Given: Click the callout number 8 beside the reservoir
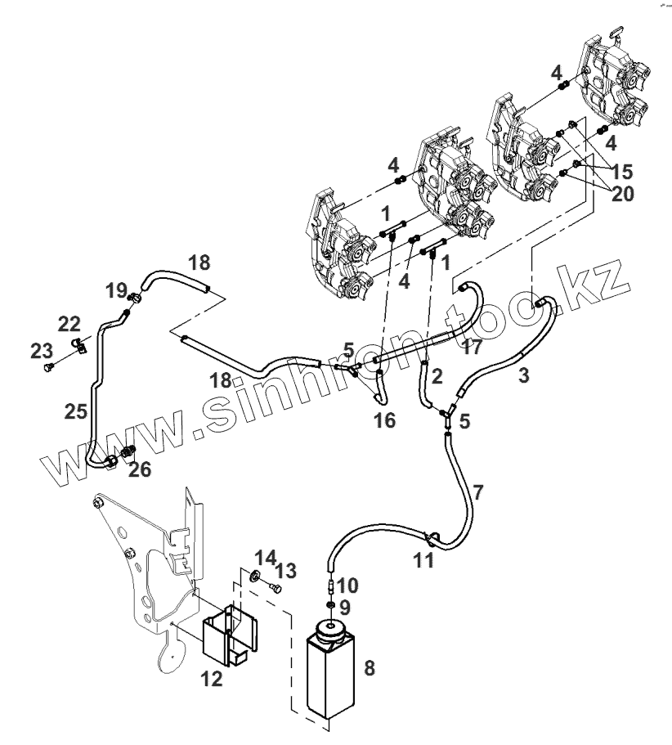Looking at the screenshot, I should (369, 667).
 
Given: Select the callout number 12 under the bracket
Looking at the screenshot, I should (211, 678).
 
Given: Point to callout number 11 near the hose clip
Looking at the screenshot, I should (423, 560).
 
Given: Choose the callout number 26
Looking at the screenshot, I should (141, 469).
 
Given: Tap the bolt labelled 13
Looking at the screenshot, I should (275, 587).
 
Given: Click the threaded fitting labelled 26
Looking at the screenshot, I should (128, 451).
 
